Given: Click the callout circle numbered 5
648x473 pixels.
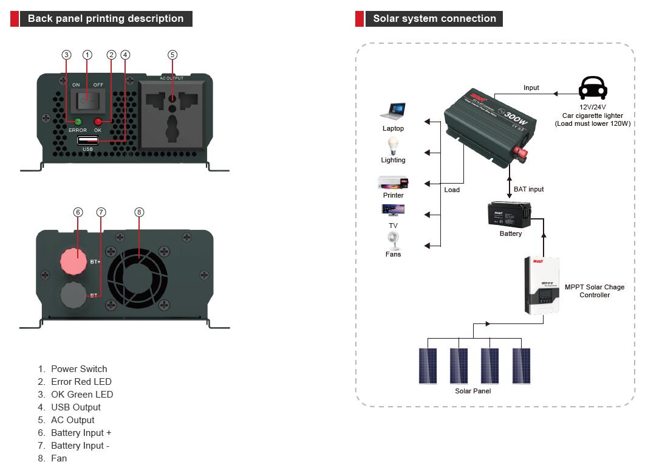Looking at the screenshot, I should click(172, 55).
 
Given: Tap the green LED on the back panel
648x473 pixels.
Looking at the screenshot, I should click(77, 121).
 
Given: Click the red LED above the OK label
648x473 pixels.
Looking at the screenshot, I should click(98, 121).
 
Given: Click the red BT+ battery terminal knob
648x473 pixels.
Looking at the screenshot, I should click(73, 260).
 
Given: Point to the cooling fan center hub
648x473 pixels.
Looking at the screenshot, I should click(138, 274).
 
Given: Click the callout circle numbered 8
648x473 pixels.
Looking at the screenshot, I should click(139, 212).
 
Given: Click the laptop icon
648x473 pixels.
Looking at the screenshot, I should click(393, 112).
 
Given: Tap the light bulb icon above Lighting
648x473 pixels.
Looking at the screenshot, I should click(393, 145).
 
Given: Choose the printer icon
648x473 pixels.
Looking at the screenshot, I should click(393, 182).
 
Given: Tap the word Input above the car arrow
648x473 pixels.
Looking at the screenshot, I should click(531, 88).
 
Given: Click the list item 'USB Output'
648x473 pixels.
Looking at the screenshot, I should click(76, 407).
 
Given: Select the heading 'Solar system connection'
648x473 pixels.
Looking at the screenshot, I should click(434, 19).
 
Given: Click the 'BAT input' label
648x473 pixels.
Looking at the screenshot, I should click(529, 189).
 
